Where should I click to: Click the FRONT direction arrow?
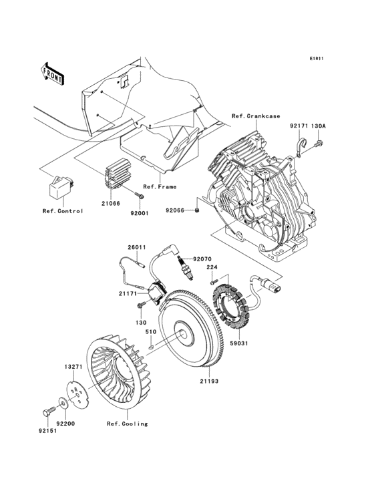tap(52, 71)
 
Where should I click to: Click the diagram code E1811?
tap(316, 59)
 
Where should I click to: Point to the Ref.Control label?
tap(63, 212)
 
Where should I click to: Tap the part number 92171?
tap(299, 125)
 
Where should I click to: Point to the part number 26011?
tap(137, 247)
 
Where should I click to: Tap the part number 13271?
tap(73, 367)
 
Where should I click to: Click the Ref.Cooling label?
tap(126, 424)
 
